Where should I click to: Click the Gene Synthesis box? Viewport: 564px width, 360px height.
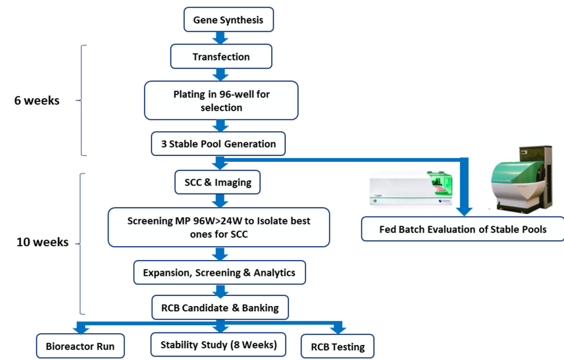tap(228, 20)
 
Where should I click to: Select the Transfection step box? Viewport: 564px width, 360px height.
tap(221, 57)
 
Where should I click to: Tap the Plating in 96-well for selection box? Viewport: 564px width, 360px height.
tap(221, 101)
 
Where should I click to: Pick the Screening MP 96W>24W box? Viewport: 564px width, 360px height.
tap(218, 228)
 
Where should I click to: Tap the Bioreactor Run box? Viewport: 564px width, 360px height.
tap(80, 346)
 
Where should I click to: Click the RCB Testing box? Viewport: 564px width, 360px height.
tap(338, 346)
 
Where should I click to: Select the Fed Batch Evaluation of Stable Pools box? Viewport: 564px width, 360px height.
tap(463, 230)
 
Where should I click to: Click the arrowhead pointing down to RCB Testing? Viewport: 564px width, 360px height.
tap(338, 328)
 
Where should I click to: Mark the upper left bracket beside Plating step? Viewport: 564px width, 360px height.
tap(81, 100)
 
